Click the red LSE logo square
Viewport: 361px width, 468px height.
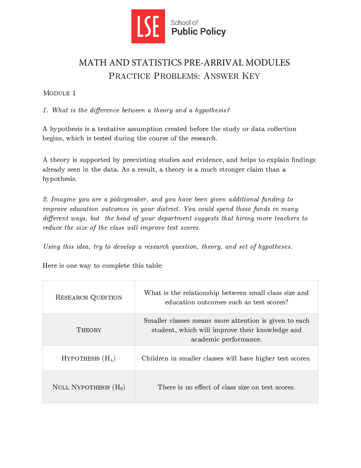click(148, 26)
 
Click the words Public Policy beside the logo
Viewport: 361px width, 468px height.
click(199, 31)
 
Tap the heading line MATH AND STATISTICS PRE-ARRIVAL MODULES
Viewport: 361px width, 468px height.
click(184, 62)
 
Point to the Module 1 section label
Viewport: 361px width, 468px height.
click(59, 93)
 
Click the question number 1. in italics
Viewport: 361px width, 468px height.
click(45, 110)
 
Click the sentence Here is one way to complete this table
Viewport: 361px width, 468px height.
click(103, 266)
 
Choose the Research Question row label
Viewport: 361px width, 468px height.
click(89, 297)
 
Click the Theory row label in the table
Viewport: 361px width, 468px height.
click(89, 330)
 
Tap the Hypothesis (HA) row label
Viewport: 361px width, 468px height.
click(88, 358)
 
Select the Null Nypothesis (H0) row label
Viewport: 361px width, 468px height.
click(89, 387)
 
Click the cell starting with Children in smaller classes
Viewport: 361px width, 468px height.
click(226, 358)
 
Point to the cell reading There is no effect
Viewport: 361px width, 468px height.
click(226, 387)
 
